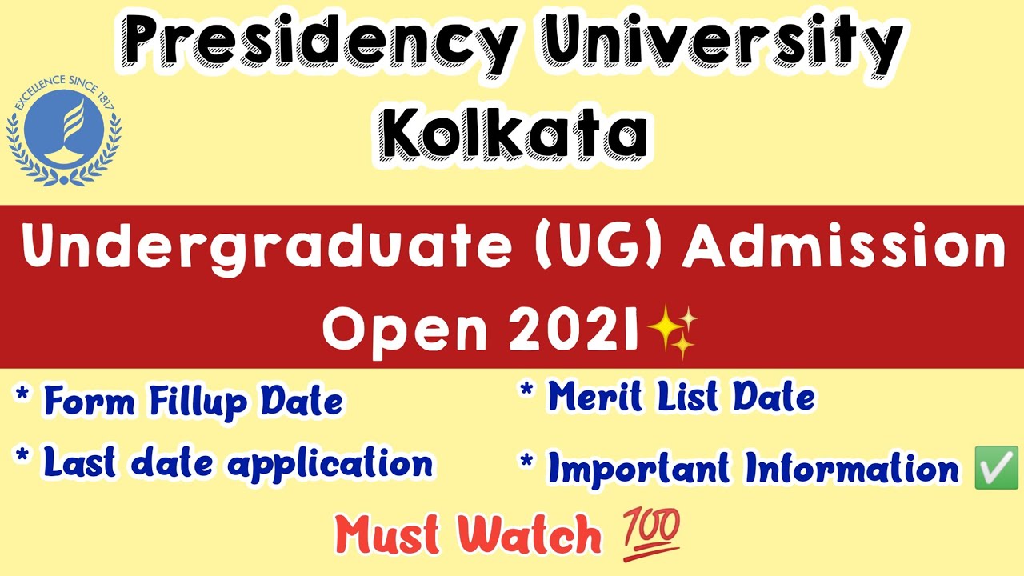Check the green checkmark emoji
coord(996,468)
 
